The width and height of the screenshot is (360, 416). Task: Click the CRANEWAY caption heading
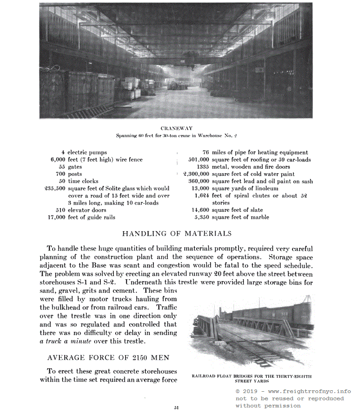(176, 129)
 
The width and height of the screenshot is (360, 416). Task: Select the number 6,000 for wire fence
(58, 160)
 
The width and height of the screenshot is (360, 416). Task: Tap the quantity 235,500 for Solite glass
(55, 188)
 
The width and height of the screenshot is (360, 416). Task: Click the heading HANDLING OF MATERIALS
(177, 233)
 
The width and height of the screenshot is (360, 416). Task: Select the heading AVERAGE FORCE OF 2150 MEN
(108, 358)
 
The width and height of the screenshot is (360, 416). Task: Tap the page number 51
(176, 407)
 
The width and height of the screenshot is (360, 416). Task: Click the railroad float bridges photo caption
(252, 378)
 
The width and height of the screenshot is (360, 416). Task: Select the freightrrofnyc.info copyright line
(293, 391)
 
